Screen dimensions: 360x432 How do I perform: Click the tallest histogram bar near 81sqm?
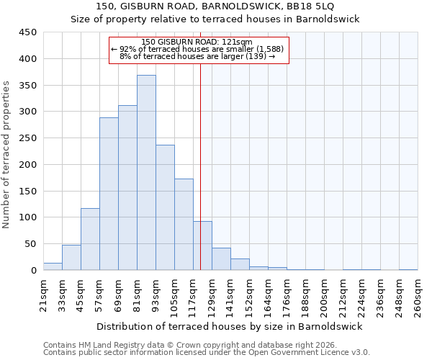tap(146, 173)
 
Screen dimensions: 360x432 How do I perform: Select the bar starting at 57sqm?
tap(109, 194)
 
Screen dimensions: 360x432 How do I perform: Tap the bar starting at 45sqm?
tap(90, 239)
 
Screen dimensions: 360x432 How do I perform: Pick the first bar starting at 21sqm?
tap(53, 266)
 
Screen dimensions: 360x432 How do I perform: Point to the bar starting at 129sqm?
tap(221, 259)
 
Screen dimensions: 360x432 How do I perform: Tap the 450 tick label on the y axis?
tap(28, 32)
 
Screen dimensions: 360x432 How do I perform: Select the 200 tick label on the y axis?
tap(28, 165)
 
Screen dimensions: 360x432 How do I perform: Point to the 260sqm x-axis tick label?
tap(418, 296)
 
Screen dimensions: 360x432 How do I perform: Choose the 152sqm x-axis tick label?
tap(249, 296)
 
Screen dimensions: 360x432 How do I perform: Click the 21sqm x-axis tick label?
tap(43, 296)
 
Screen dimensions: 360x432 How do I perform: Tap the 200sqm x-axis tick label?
tap(324, 296)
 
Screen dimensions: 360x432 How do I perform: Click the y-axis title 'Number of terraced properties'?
tap(6, 155)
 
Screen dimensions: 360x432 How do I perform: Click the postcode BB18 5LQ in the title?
tap(314, 6)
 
